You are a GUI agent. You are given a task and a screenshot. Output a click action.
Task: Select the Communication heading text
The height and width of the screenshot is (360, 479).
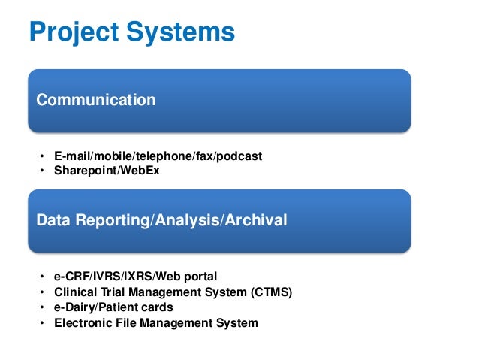(x=96, y=100)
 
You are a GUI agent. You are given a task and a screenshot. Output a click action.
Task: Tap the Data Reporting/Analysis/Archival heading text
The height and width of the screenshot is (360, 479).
(x=161, y=221)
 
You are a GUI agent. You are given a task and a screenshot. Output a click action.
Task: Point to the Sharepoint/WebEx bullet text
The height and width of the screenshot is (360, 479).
(x=107, y=171)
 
